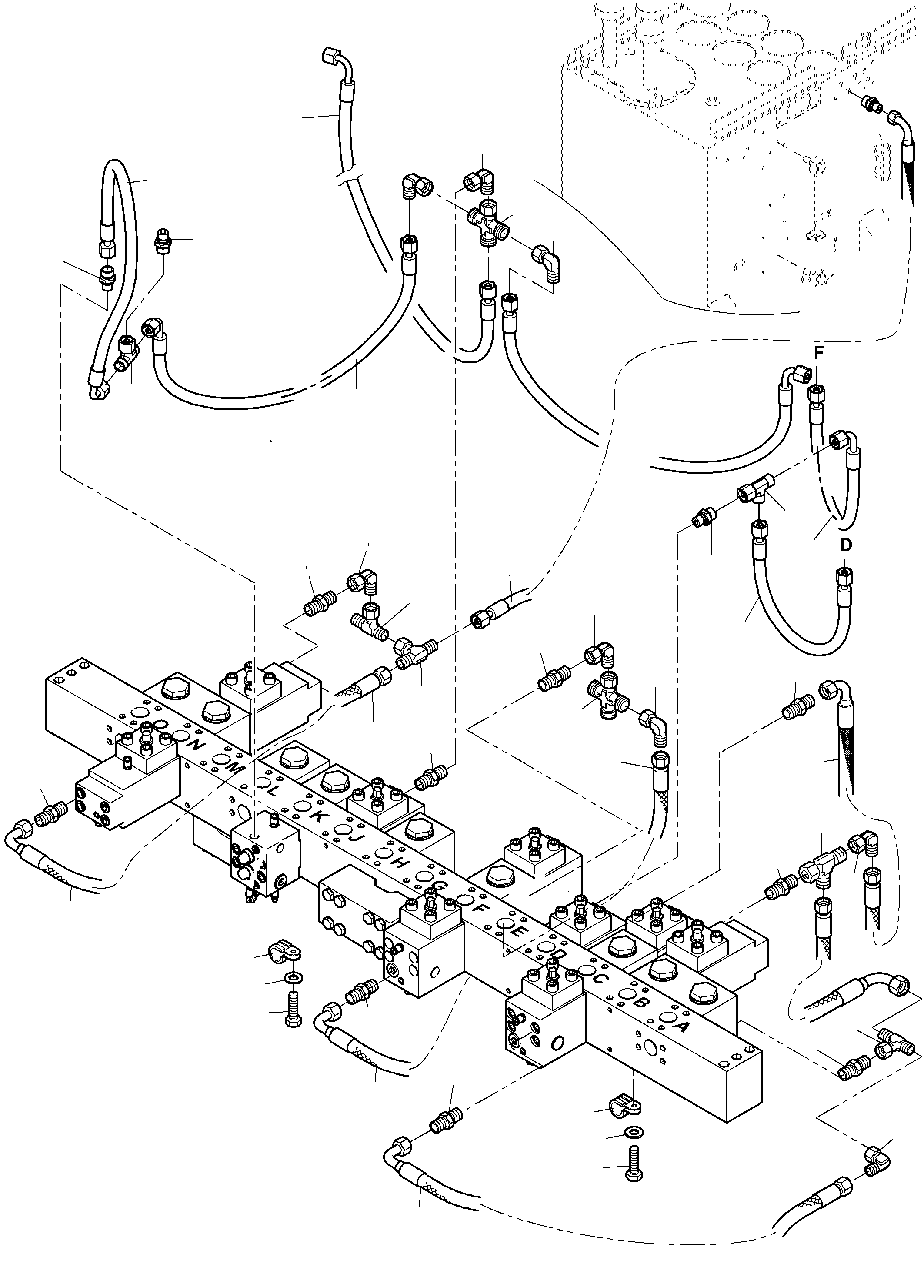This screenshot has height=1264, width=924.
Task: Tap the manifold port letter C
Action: point(600,978)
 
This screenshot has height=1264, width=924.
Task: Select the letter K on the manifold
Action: point(317,815)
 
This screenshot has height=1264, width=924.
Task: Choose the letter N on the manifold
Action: point(196,745)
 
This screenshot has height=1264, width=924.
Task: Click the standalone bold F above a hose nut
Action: point(818,353)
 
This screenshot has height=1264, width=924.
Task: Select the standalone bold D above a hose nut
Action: point(846,545)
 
